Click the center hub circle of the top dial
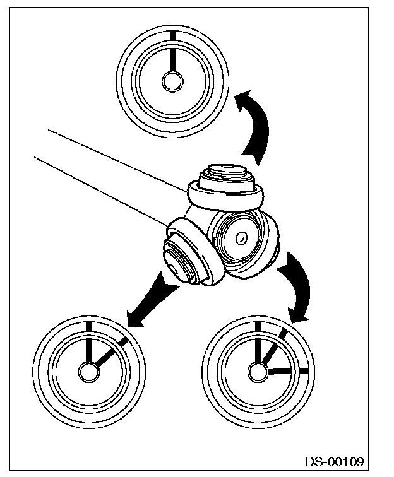(x=172, y=81)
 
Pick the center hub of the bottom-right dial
(x=258, y=372)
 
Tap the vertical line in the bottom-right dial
(x=258, y=344)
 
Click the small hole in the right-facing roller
(x=241, y=238)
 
